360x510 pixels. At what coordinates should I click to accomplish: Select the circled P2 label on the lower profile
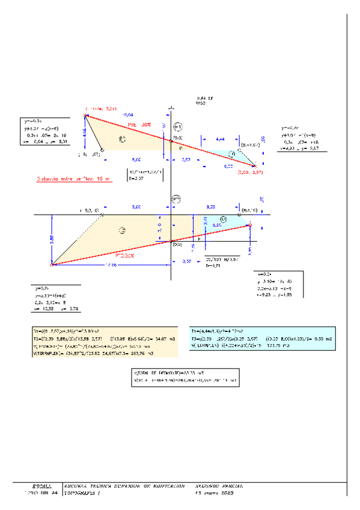click(176, 199)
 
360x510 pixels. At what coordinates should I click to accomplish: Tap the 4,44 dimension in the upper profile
click(220, 139)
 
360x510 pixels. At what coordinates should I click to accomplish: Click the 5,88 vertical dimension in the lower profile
click(52, 239)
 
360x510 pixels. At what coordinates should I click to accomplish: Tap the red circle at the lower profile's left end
click(52, 264)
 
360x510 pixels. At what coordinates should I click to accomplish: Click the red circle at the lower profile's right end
click(250, 226)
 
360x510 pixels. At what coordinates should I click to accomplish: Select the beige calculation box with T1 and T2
click(104, 342)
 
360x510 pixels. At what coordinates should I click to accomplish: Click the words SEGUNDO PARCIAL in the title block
click(221, 485)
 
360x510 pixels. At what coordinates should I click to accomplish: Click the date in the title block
click(214, 493)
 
